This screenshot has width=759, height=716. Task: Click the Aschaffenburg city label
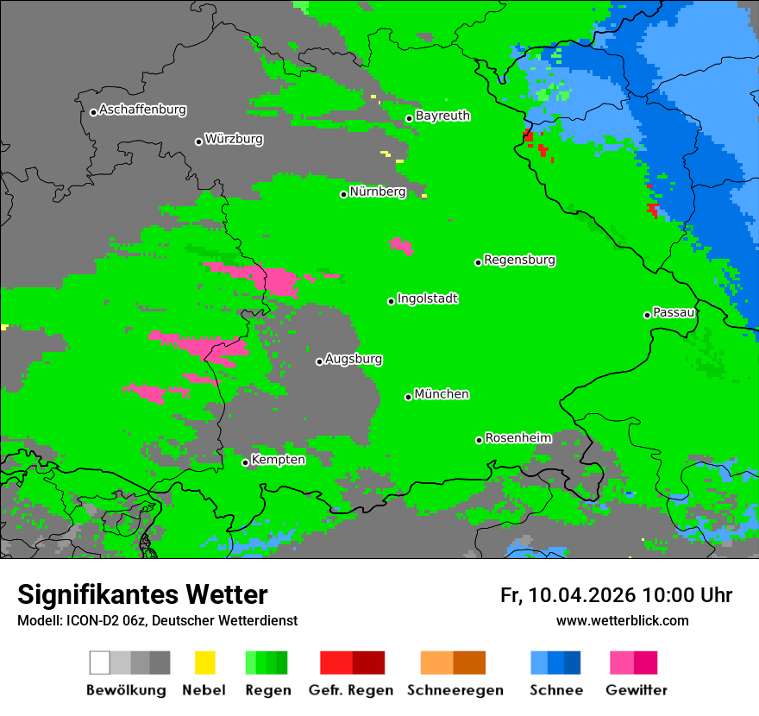point(142,110)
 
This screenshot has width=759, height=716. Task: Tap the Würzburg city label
point(234,139)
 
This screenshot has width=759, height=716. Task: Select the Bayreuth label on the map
point(442,116)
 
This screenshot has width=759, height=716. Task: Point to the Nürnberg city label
point(378,192)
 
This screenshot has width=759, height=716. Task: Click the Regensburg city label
point(519,260)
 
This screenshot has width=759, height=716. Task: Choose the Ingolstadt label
point(428,298)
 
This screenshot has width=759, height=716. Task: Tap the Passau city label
point(674,312)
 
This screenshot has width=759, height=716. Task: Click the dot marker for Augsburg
point(319,361)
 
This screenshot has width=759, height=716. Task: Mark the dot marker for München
point(409,397)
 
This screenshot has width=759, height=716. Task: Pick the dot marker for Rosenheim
point(479,440)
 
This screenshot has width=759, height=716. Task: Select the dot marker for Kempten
point(246,462)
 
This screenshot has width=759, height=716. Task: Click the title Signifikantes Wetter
point(142,595)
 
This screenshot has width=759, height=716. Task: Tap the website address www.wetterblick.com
point(622,621)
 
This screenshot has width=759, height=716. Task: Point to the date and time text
point(616,595)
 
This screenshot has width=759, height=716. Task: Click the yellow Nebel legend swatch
point(204,663)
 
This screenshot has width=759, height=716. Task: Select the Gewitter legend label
point(637,690)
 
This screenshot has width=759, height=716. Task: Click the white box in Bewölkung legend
point(99,663)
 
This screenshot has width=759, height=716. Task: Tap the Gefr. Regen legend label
point(351,690)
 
